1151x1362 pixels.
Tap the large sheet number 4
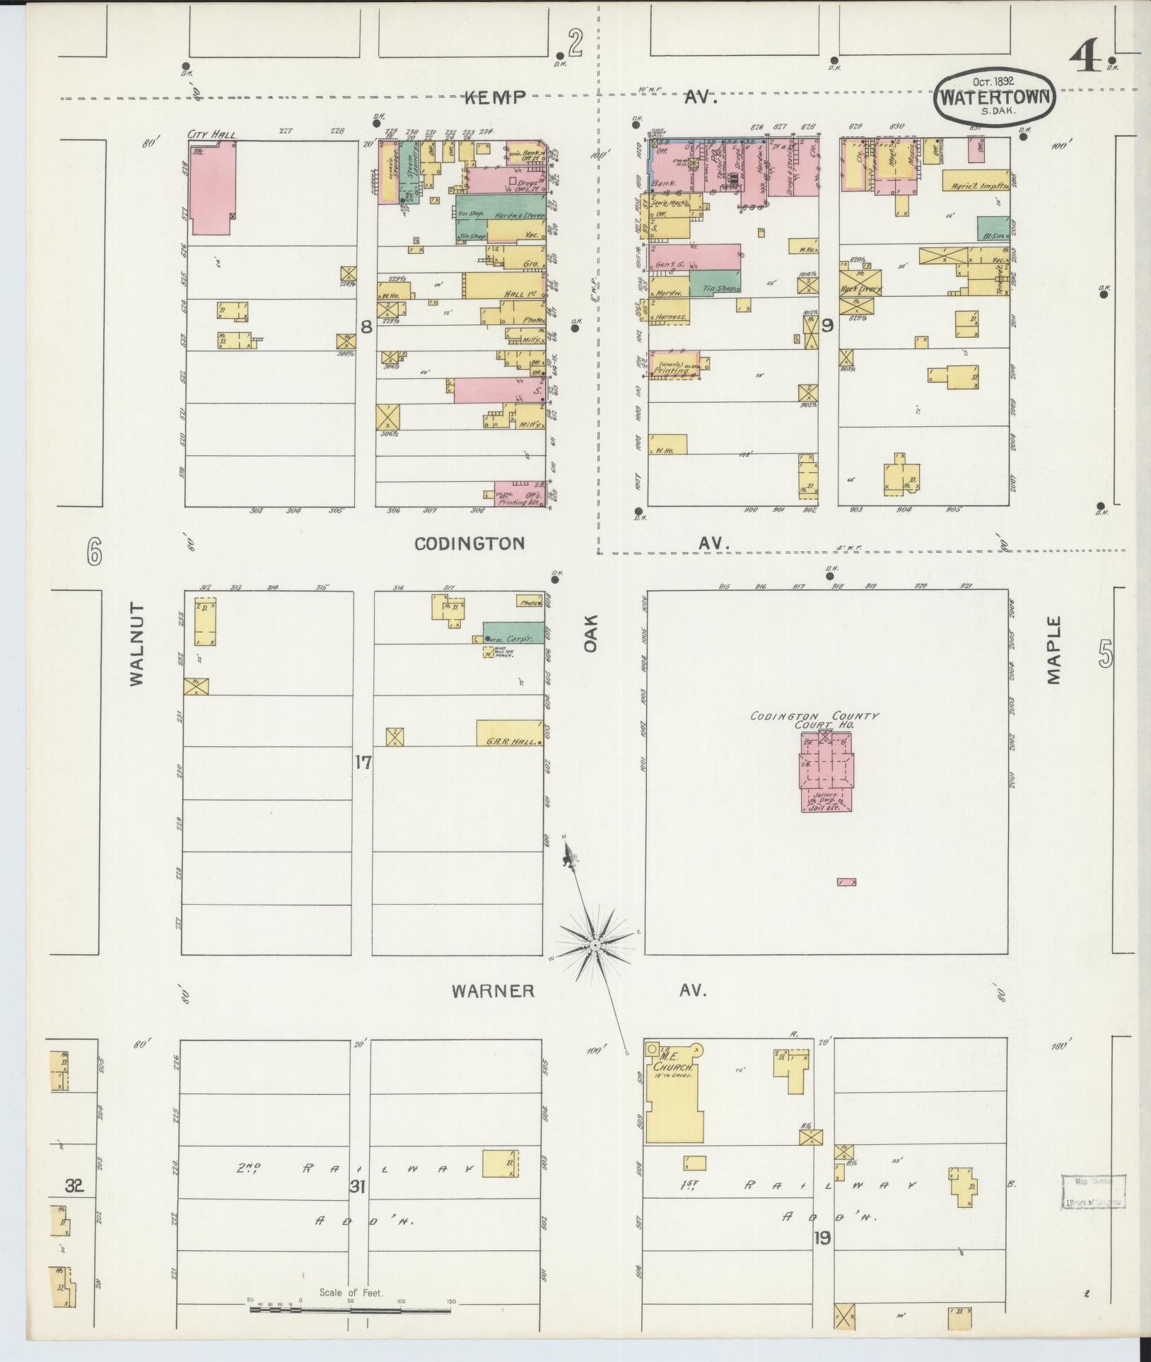[x=1085, y=56]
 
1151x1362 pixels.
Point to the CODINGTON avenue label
[x=469, y=543]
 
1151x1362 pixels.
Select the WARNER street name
[x=493, y=991]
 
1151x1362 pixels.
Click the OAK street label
[x=591, y=633]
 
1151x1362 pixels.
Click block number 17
[x=363, y=763]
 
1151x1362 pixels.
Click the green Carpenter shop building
[x=514, y=632]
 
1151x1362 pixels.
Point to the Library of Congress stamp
[x=1093, y=1193]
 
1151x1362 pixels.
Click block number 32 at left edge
[x=74, y=1186]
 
